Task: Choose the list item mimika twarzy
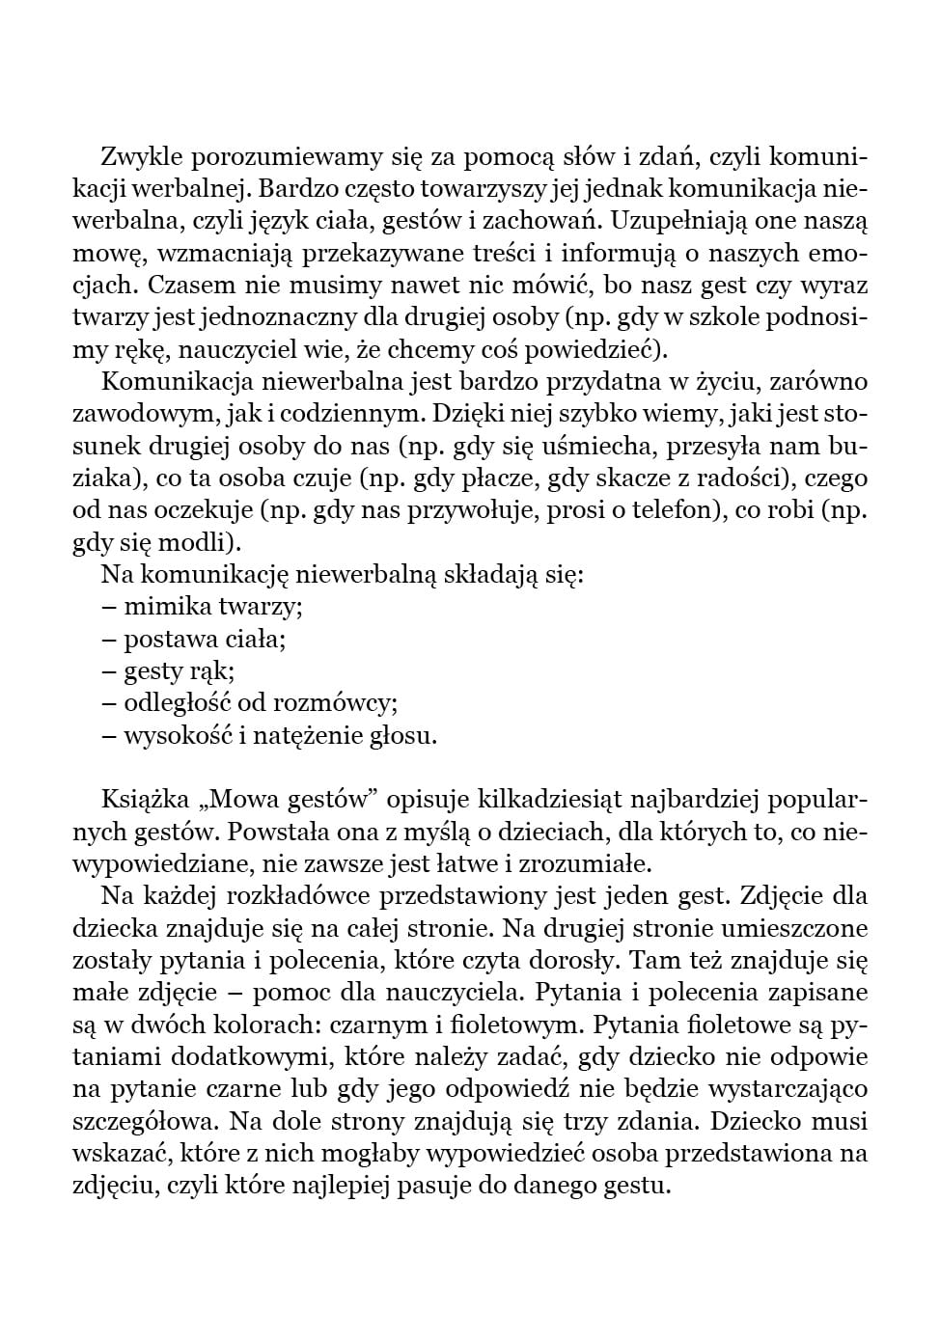coord(213,607)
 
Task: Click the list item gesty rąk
coord(179,670)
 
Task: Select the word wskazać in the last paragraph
coord(118,1153)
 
